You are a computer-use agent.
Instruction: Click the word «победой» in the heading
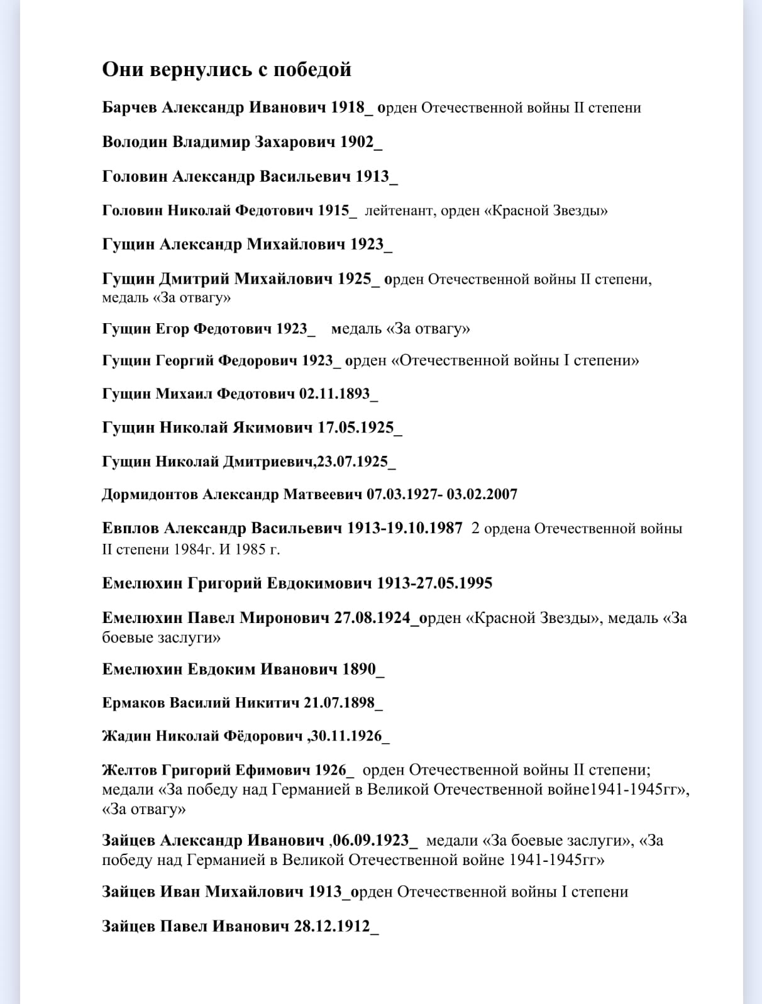point(312,69)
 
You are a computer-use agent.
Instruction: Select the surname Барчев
point(130,108)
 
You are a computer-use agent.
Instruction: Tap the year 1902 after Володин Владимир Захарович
point(356,142)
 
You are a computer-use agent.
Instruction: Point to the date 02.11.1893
point(334,394)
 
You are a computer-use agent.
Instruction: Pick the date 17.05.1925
point(355,428)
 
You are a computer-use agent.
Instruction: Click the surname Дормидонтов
point(149,495)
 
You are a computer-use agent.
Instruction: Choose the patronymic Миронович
point(284,618)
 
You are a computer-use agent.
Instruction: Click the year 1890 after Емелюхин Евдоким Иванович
point(358,669)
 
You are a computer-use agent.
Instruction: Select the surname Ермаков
point(133,703)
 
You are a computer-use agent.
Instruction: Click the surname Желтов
point(129,770)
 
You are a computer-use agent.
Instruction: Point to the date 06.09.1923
point(371,841)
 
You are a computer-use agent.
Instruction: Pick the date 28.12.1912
point(332,926)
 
